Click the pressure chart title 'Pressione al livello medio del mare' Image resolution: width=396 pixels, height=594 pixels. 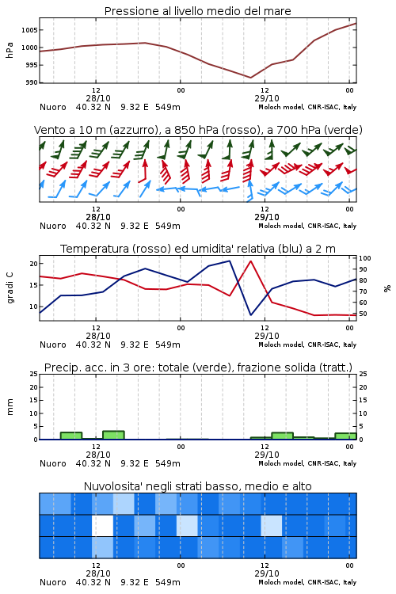tap(197, 11)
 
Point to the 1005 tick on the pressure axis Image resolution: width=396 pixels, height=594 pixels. tap(29, 30)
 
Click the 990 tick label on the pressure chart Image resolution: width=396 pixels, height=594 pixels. tap(32, 82)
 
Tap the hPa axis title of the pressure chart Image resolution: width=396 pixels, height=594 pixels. tap(10, 50)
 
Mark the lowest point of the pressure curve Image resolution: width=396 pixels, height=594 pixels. tap(250, 78)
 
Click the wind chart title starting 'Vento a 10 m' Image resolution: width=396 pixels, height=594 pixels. tap(198, 130)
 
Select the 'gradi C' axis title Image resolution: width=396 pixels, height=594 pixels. tap(10, 287)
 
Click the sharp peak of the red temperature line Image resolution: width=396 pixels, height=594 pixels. tap(250, 261)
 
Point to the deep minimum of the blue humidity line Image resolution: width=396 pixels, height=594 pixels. tap(251, 314)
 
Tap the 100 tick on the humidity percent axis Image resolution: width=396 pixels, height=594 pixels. tap(365, 258)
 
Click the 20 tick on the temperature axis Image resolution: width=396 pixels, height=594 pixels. tap(34, 264)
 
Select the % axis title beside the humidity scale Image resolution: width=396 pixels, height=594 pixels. tap(387, 288)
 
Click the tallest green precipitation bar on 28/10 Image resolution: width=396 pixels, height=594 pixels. tap(113, 435)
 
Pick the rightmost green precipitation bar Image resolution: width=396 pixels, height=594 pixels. tap(345, 436)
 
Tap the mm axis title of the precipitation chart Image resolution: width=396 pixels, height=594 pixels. tap(10, 406)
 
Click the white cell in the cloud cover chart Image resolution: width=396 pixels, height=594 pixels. tap(103, 525)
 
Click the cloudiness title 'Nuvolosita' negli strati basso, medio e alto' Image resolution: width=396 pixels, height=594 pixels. tap(197, 486)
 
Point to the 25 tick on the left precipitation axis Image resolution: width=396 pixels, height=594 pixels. tap(34, 374)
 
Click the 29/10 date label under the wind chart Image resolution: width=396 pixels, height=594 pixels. tap(267, 217)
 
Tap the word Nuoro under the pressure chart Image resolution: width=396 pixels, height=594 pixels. tap(53, 107)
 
